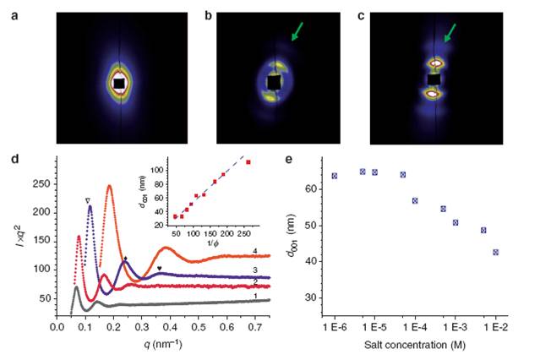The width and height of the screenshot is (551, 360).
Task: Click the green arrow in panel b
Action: tap(296, 32)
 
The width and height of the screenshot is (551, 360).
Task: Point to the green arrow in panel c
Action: tap(449, 33)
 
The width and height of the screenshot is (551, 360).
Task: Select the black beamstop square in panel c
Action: tap(434, 79)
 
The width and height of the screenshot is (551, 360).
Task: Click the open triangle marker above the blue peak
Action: tap(88, 200)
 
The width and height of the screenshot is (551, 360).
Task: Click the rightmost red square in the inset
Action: tap(248, 161)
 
